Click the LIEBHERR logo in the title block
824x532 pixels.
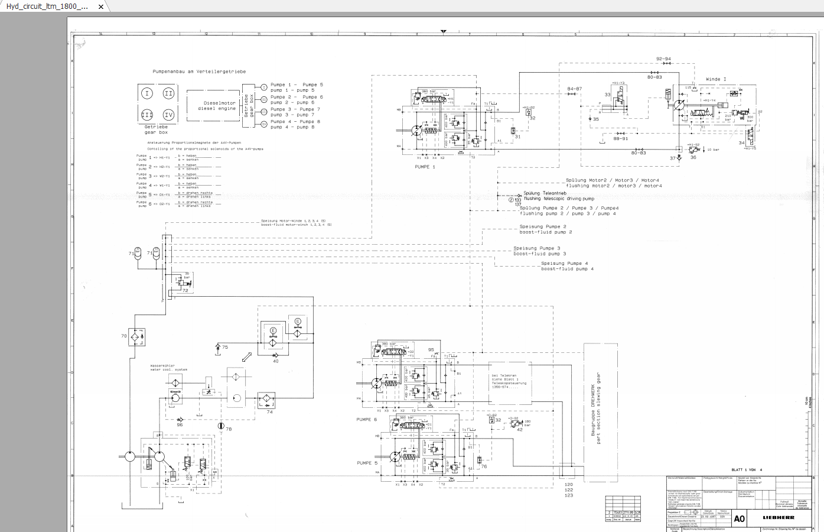[x=779, y=517]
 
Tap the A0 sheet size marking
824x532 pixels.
[x=739, y=518]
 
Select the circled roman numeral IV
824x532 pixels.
[x=168, y=115]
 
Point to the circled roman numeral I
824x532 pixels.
[x=147, y=93]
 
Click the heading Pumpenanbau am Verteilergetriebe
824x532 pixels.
[x=199, y=72]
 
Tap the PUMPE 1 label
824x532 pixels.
[x=425, y=167]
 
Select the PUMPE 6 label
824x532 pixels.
[x=366, y=419]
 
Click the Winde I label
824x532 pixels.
[x=716, y=79]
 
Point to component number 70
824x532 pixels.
[x=124, y=336]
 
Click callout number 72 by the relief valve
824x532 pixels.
[x=185, y=290]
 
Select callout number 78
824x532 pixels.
[x=229, y=429]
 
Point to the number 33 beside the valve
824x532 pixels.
[x=607, y=95]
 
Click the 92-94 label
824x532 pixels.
[x=663, y=59]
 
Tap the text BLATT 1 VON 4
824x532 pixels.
[x=747, y=470]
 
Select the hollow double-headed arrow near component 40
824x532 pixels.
[x=247, y=357]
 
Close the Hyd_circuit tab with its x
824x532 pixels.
[x=101, y=7]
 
